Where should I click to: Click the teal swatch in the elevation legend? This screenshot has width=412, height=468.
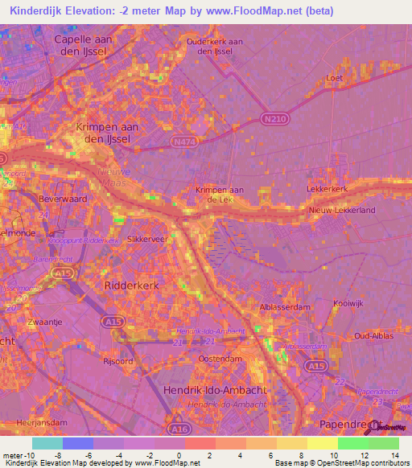[47, 444]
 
